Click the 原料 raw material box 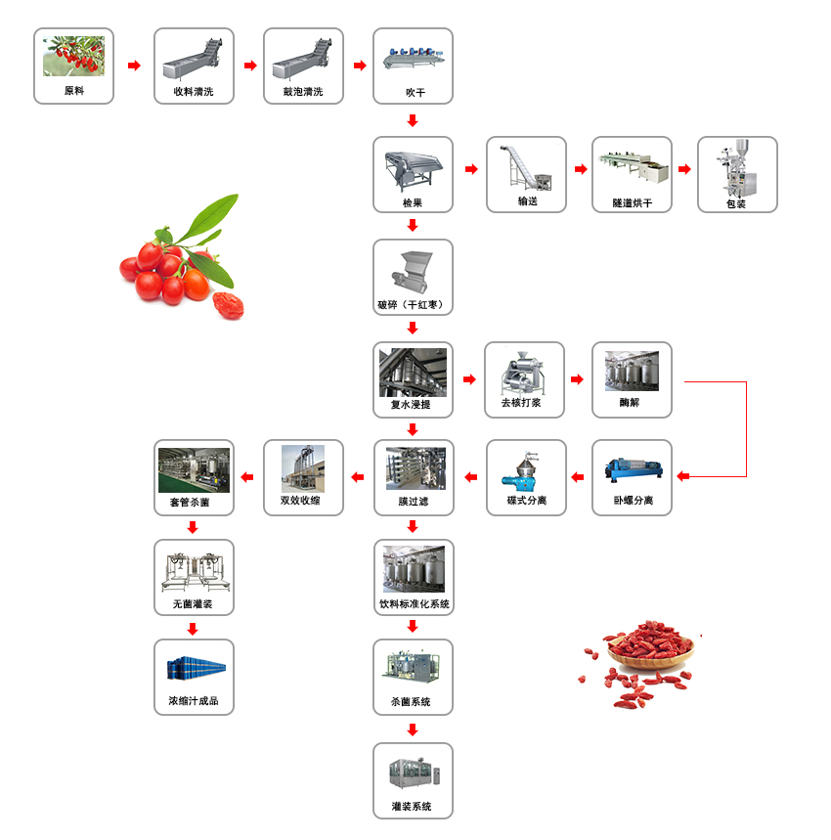[x=73, y=66]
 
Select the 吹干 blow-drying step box [x=413, y=66]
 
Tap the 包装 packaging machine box [x=737, y=174]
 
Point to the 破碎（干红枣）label [x=413, y=305]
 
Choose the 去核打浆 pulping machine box [x=525, y=379]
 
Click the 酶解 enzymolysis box [x=632, y=379]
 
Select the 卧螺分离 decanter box [x=632, y=477]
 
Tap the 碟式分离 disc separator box [x=526, y=477]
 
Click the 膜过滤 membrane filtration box [x=413, y=477]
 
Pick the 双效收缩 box [x=304, y=477]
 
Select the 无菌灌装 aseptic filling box [x=194, y=577]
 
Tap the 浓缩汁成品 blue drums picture [x=194, y=668]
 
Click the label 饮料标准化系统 [x=414, y=604]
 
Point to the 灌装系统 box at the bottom [x=413, y=780]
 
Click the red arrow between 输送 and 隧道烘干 [x=580, y=169]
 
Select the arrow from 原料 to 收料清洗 [x=134, y=66]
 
